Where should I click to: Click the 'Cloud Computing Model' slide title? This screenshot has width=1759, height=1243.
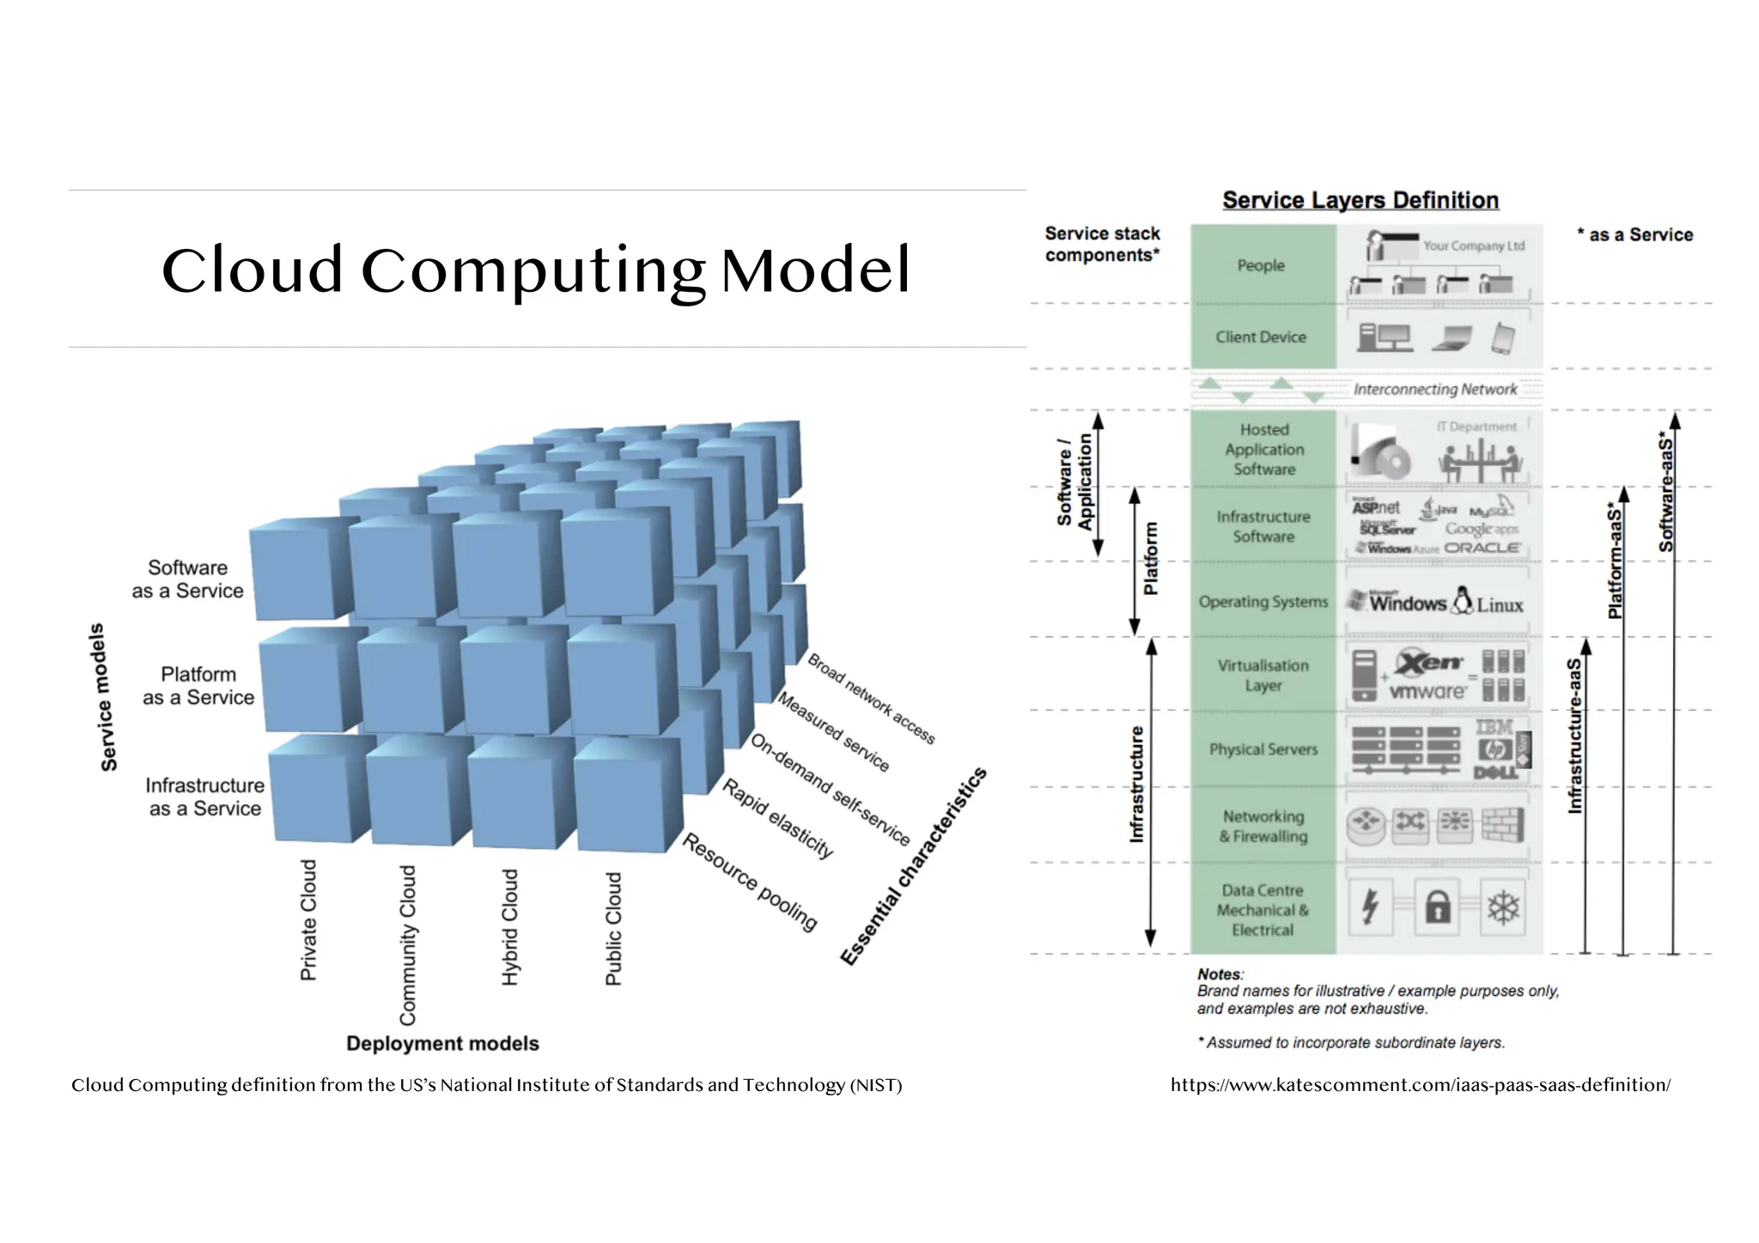[535, 270]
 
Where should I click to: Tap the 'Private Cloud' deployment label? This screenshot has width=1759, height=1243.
[308, 919]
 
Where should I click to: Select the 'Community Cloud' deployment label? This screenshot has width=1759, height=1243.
[408, 944]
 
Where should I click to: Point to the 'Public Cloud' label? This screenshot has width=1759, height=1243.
[613, 929]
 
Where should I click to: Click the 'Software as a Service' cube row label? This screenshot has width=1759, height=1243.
[187, 579]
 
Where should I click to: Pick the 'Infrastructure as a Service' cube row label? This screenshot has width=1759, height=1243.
[204, 797]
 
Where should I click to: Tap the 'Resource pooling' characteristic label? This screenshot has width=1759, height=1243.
[749, 882]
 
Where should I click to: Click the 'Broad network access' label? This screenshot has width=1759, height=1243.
[870, 698]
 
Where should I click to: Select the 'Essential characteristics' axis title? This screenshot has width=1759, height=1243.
[913, 866]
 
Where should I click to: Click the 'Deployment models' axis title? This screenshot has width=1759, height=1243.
[442, 1044]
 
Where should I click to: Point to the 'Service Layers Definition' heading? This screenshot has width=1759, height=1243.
[1360, 200]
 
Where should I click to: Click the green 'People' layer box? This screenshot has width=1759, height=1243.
[1262, 265]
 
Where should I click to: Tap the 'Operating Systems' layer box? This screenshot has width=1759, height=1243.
[1263, 602]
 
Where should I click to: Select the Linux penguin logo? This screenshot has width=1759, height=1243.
[1462, 600]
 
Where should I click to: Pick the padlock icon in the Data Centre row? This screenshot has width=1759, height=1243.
[1438, 906]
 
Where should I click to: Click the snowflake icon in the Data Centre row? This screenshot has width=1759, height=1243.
[1503, 906]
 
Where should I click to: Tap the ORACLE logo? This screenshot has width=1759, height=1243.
[1482, 548]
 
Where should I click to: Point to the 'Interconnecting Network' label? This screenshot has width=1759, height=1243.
[1435, 389]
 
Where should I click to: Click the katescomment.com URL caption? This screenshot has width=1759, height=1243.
[1420, 1085]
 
